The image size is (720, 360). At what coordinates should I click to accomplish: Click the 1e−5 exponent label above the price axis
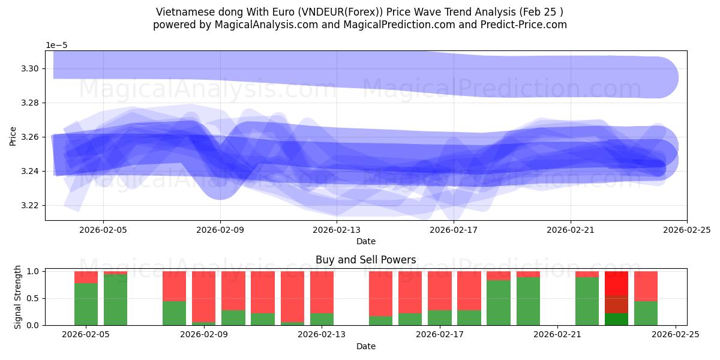tap(58, 46)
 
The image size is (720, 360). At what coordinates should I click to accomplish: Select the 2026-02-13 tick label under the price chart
tap(337, 229)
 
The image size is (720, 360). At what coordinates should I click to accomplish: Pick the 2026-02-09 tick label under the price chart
tap(220, 229)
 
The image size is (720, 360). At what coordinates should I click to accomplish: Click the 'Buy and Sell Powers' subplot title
tap(365, 260)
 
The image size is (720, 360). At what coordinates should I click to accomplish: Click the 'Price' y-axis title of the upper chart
tap(13, 136)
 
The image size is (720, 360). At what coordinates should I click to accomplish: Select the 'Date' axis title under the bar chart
tap(365, 346)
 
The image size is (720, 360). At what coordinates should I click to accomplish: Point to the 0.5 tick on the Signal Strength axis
tap(34, 298)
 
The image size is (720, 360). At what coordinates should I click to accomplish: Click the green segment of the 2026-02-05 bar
tap(86, 304)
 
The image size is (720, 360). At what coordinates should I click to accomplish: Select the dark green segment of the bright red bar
tap(616, 319)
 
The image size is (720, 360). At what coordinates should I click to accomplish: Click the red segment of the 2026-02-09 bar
tap(203, 296)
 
